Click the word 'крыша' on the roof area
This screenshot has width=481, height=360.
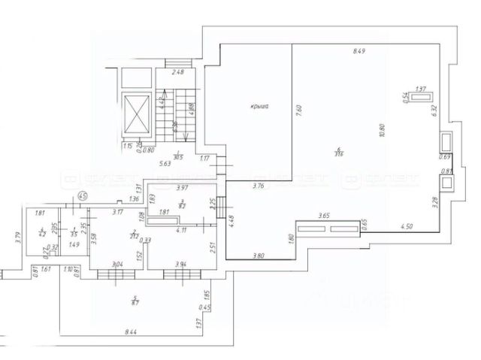point(260,107)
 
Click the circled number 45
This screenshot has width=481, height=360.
point(84,196)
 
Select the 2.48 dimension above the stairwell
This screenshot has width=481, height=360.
point(177,72)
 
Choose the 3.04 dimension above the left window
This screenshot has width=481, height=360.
point(116,265)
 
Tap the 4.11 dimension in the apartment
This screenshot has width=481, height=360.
point(180,231)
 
